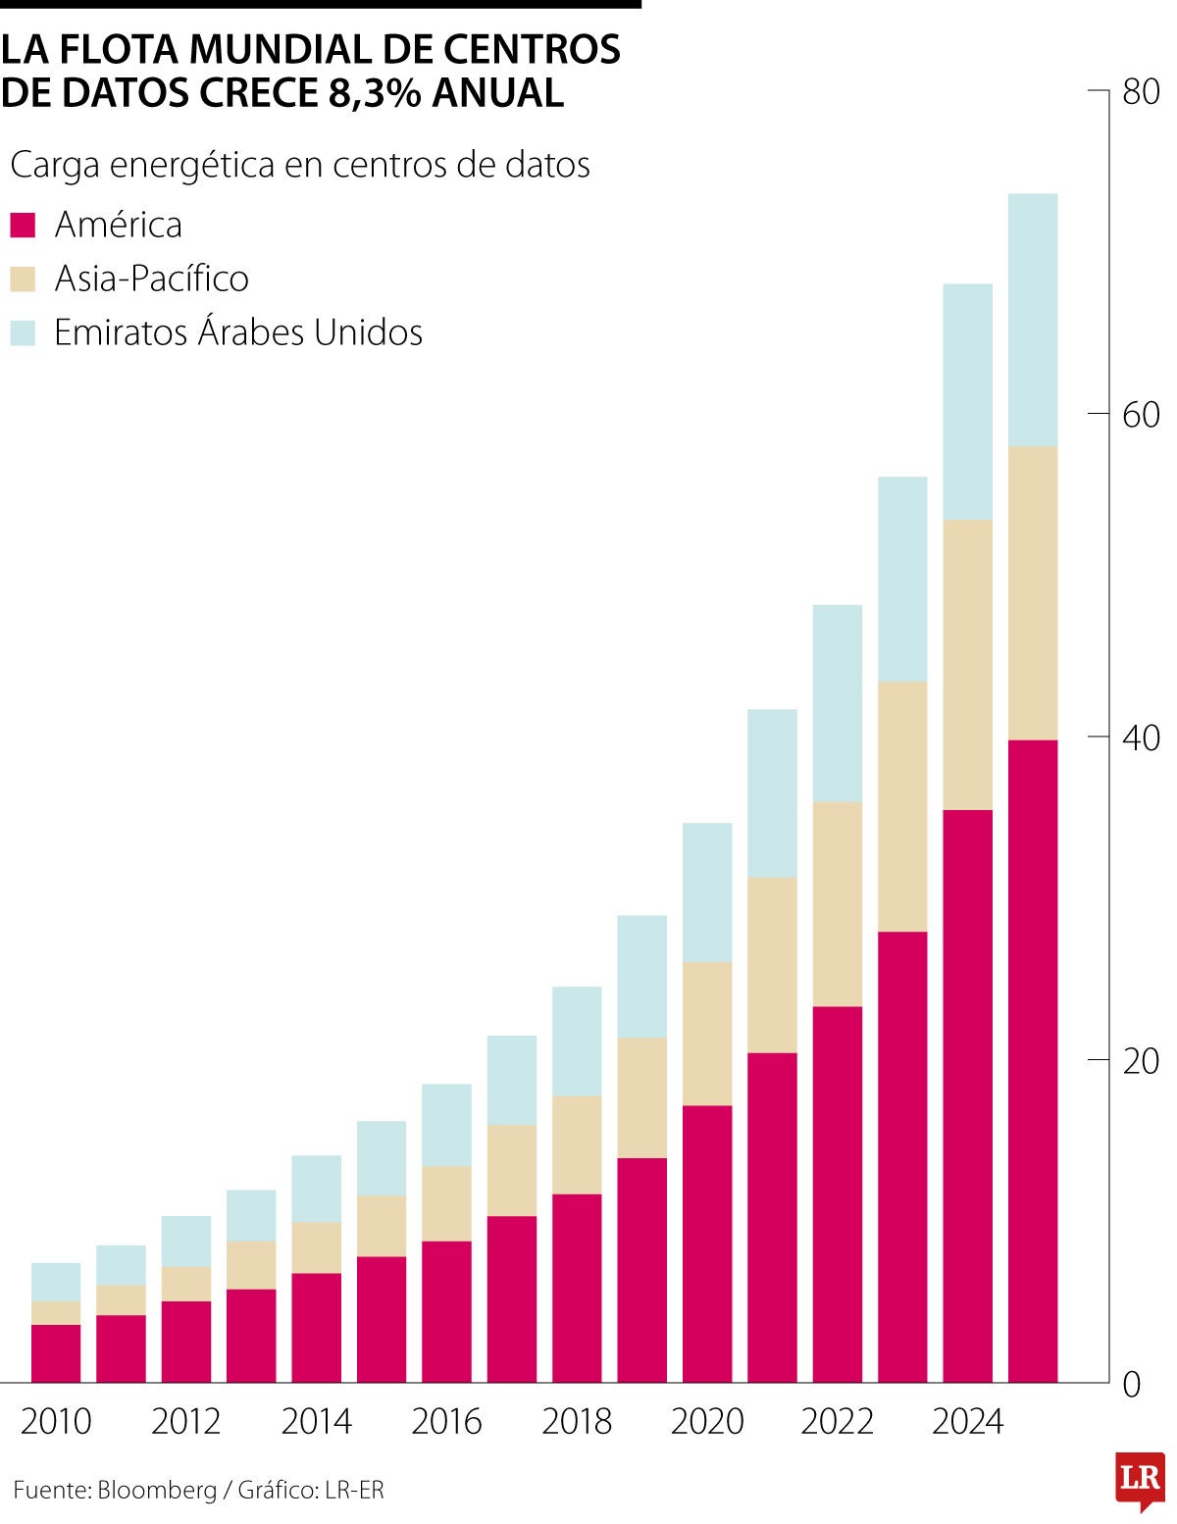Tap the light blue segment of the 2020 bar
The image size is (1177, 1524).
[x=707, y=892]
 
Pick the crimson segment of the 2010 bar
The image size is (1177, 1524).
[x=56, y=1353]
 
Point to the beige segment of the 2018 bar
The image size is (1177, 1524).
[x=577, y=1144]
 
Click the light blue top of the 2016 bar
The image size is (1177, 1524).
[x=446, y=1125]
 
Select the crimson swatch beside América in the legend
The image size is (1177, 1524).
[x=23, y=226]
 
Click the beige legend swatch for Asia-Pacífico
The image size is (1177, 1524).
[x=23, y=279]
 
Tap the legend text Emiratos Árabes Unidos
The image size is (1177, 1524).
[x=238, y=333]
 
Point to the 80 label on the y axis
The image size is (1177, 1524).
[x=1141, y=92]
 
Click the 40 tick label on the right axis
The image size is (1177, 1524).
[x=1141, y=737]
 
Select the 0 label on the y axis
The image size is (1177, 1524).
[x=1132, y=1384]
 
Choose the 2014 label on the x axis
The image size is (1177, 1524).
[x=316, y=1421]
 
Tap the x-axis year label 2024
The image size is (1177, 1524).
[x=967, y=1421]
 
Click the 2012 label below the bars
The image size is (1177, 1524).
[x=185, y=1421]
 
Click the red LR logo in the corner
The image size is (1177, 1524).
[x=1140, y=1479]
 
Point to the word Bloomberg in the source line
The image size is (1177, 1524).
[x=157, y=1491]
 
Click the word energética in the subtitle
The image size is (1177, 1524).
[x=192, y=165]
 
